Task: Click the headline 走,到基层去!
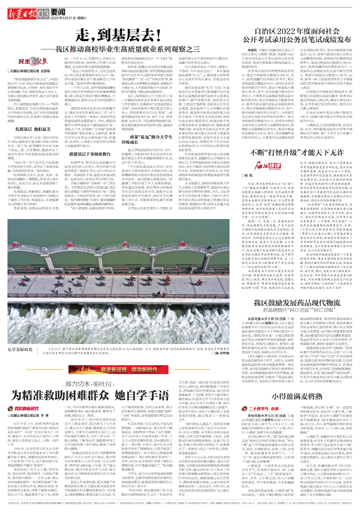(x=118, y=35)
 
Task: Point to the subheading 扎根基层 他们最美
(x=33, y=129)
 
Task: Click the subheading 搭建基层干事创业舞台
(x=90, y=154)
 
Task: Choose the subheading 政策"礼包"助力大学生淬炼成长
(x=147, y=139)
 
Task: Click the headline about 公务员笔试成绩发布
(x=297, y=35)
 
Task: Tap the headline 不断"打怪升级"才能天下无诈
(x=297, y=153)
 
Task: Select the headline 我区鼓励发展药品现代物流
(x=297, y=303)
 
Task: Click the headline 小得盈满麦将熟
(x=297, y=396)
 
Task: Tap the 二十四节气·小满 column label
(x=260, y=409)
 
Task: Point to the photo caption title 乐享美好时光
(x=20, y=349)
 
